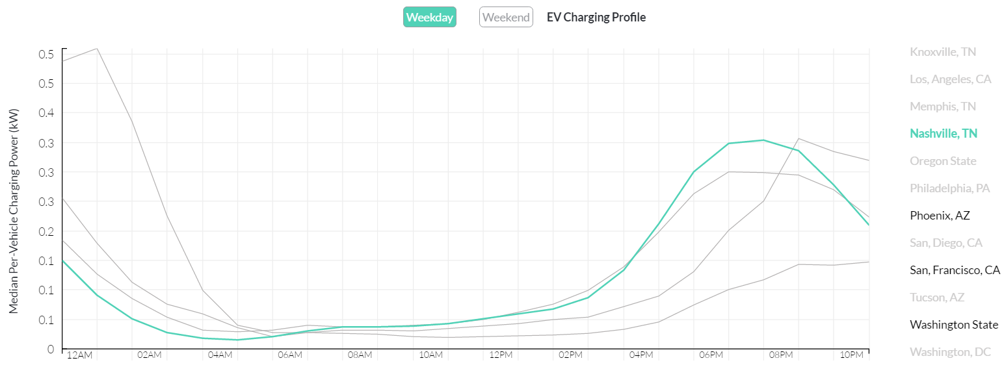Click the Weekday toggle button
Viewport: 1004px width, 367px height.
pyautogui.click(x=429, y=18)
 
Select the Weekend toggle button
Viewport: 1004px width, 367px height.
pyautogui.click(x=506, y=18)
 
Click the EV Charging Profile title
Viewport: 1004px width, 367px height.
pyautogui.click(x=596, y=18)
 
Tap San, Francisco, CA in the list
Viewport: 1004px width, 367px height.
pyautogui.click(x=955, y=270)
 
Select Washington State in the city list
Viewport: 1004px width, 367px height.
pyautogui.click(x=954, y=325)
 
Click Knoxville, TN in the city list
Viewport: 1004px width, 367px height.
pyautogui.click(x=943, y=52)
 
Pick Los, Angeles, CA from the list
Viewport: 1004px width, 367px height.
pyautogui.click(x=951, y=79)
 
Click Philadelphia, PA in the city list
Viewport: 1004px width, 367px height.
pyautogui.click(x=950, y=188)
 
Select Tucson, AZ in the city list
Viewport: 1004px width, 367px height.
pyautogui.click(x=937, y=297)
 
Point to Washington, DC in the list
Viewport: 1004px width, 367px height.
pyautogui.click(x=950, y=352)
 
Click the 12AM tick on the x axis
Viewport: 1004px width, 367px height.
pyautogui.click(x=80, y=355)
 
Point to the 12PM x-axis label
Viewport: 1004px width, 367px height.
pyautogui.click(x=501, y=355)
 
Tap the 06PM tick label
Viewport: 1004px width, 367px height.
pyautogui.click(x=711, y=355)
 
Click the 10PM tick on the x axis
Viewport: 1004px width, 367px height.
pyautogui.click(x=851, y=355)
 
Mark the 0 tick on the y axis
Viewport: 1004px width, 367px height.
pyautogui.click(x=50, y=349)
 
